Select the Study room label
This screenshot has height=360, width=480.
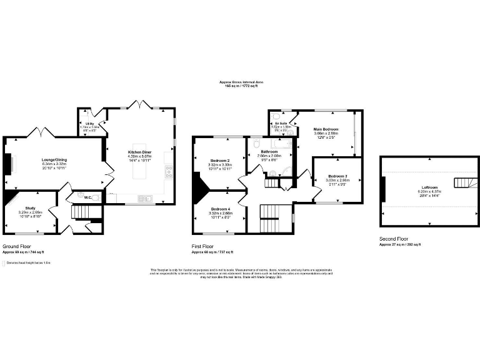pos(31,208)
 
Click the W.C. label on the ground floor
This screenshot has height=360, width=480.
pos(88,198)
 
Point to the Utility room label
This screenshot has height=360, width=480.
pos(89,124)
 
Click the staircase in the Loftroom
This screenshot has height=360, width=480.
pos(461,182)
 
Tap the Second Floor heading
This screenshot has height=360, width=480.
pos(394,239)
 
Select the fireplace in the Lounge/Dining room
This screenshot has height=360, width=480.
pos(9,164)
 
